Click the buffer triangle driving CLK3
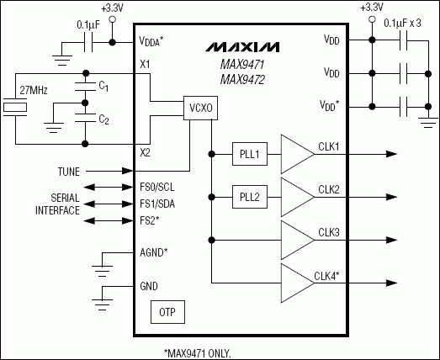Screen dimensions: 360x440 point(295,242)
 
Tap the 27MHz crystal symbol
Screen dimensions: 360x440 point(13,108)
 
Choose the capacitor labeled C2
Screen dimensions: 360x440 point(83,119)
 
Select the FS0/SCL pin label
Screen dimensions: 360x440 point(158,188)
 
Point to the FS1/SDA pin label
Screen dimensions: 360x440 point(158,204)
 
